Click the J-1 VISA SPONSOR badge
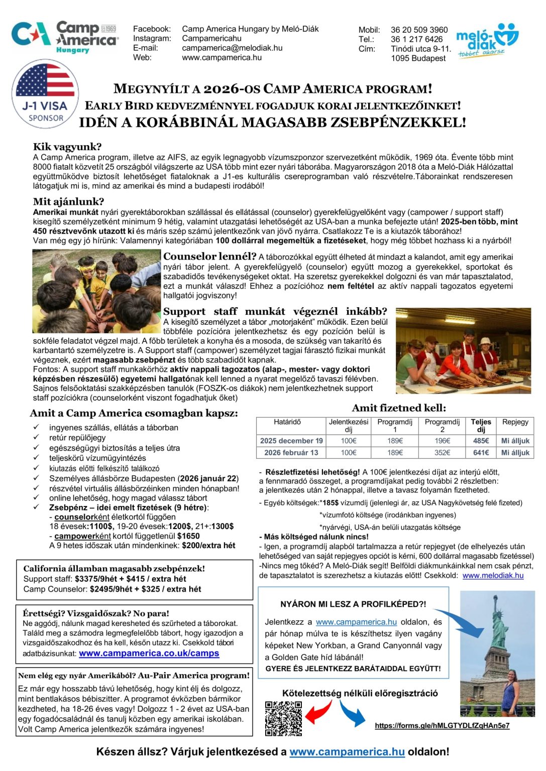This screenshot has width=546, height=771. point(45,95)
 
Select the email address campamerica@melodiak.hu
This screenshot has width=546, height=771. point(232,48)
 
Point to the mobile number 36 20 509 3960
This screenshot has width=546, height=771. point(419,30)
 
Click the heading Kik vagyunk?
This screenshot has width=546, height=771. point(67,147)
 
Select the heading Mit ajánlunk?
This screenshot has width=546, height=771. point(68,202)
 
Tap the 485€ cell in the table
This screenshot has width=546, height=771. point(481,441)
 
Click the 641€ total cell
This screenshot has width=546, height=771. point(481,452)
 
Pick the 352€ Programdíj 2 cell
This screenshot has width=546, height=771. point(442,452)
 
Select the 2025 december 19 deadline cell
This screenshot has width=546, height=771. point(291,441)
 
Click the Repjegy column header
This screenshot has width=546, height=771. point(515,422)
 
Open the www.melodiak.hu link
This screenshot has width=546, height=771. point(493,576)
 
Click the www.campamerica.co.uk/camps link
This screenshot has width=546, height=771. point(149,654)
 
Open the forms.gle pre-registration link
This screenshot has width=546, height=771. point(442,726)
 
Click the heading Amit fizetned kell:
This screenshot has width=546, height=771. point(399,408)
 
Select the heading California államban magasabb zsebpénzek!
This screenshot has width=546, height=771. point(114,569)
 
